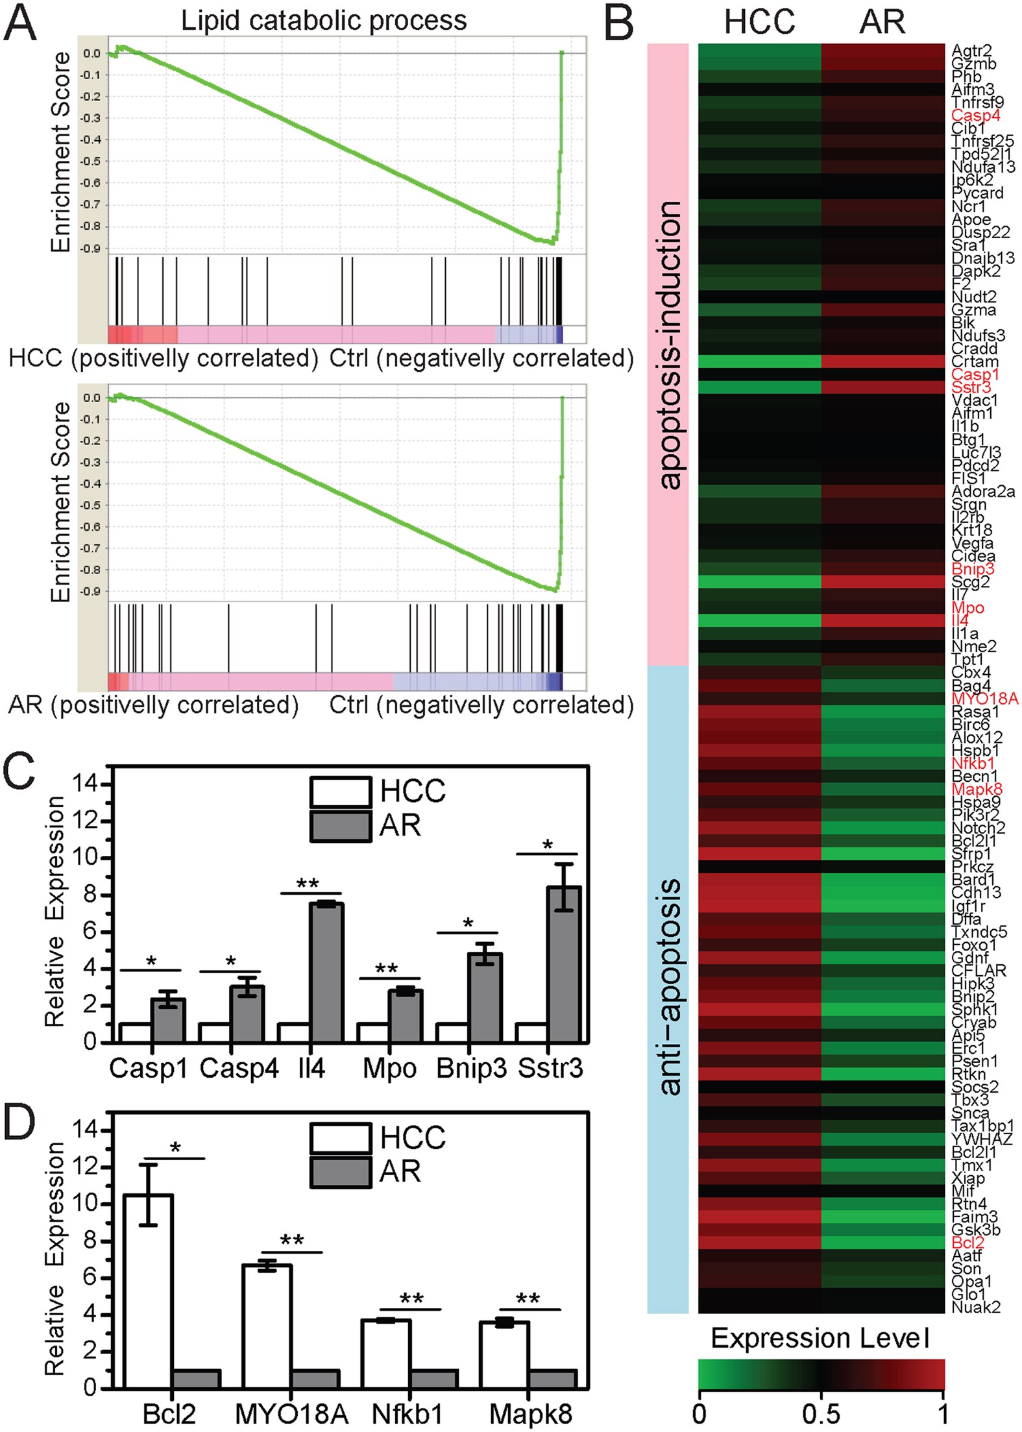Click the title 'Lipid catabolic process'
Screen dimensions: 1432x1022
(x=324, y=21)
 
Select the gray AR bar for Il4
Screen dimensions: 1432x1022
(x=326, y=972)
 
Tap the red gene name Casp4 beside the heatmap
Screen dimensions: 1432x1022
(x=975, y=115)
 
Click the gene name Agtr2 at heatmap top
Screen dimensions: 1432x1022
(x=971, y=51)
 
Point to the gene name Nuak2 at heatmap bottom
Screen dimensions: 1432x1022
(x=976, y=1307)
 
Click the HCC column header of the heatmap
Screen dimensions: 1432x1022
(x=759, y=22)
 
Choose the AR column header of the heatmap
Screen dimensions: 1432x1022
(x=882, y=22)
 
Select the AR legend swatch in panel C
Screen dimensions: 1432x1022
(x=341, y=826)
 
